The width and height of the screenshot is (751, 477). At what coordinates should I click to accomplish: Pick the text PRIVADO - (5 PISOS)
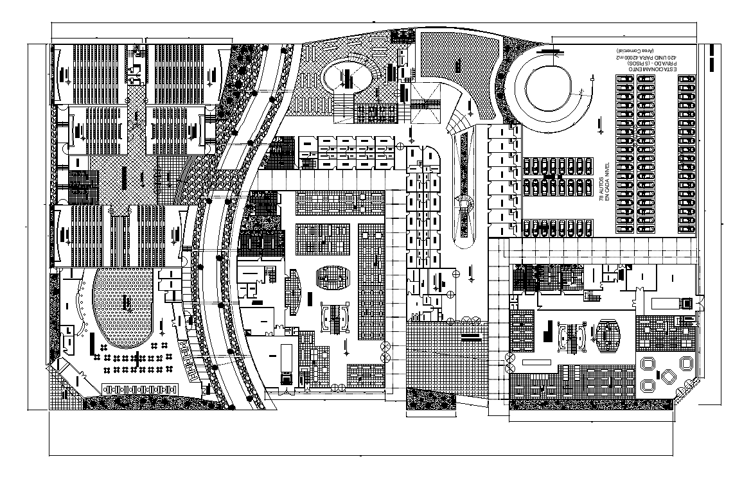[642, 64]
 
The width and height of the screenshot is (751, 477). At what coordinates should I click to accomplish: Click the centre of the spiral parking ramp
[548, 88]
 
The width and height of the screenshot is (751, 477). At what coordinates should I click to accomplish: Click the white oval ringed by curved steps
[348, 78]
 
